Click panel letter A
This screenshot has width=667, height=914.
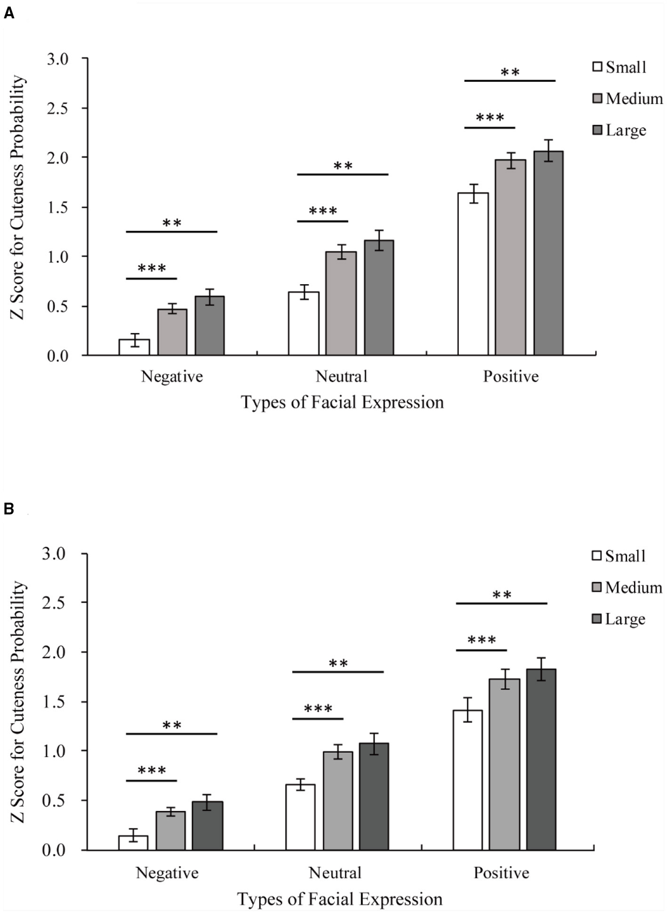pyautogui.click(x=9, y=14)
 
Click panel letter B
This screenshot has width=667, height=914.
pyautogui.click(x=9, y=509)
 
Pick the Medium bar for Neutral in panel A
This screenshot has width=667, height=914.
pyautogui.click(x=341, y=304)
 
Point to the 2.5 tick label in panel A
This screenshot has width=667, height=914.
pyautogui.click(x=58, y=108)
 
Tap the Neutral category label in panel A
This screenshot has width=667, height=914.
pyautogui.click(x=341, y=377)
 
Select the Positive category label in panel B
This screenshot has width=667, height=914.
pyautogui.click(x=501, y=873)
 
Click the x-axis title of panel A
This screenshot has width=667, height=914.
pyautogui.click(x=342, y=403)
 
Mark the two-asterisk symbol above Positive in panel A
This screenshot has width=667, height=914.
pyautogui.click(x=510, y=73)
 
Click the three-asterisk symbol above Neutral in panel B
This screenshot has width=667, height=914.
pyautogui.click(x=318, y=709)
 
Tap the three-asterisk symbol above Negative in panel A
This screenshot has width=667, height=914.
pyautogui.click(x=152, y=269)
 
